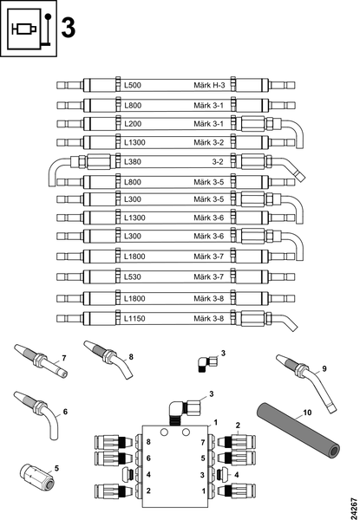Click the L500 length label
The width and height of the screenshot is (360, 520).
[133, 85]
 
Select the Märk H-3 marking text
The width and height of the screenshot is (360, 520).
[209, 85]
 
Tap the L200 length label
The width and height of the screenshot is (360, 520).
[133, 124]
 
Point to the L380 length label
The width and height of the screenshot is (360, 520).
[133, 162]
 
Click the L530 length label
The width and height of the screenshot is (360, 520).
[133, 276]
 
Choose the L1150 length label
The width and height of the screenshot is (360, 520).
[134, 318]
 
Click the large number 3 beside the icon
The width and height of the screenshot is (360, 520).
[69, 29]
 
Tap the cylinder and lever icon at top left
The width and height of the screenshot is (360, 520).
[29, 29]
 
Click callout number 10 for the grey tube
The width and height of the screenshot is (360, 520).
[307, 413]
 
